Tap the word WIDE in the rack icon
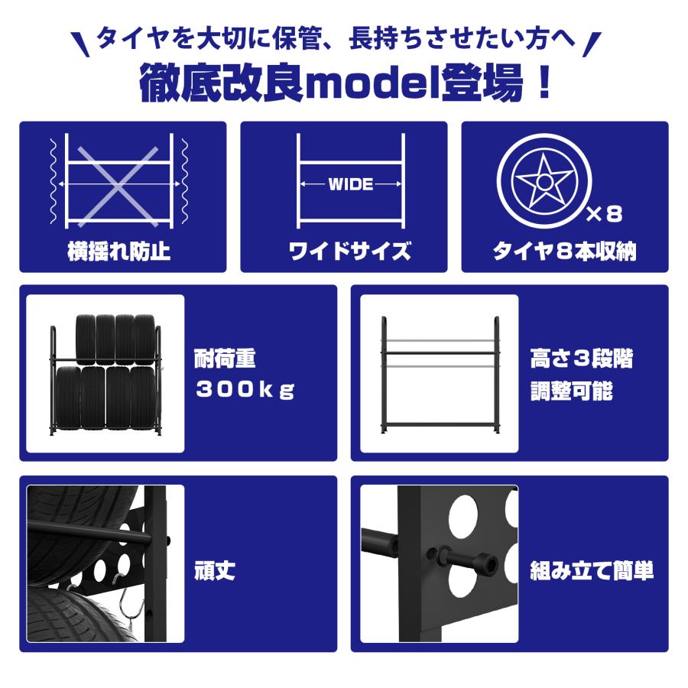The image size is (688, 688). pos(351,184)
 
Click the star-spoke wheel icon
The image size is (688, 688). pos(542,182)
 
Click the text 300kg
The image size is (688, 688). pos(245,389)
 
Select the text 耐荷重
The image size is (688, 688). pos(225,358)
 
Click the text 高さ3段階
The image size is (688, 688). pos(582,358)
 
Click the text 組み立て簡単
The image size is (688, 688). pos(592,570)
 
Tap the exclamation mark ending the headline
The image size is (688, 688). pos(544,83)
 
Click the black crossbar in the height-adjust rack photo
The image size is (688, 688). pos(440,352)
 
